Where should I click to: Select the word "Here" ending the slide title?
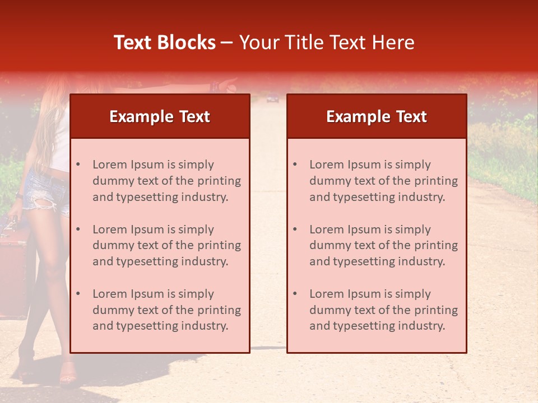click(393, 43)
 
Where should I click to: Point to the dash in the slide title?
click(227, 43)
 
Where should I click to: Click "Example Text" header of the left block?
click(160, 116)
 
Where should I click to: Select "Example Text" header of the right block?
click(377, 116)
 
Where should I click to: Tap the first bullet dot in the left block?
click(78, 165)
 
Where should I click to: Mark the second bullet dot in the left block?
click(78, 229)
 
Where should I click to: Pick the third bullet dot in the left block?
click(78, 294)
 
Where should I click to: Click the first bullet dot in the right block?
click(295, 165)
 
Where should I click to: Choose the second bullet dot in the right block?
click(295, 229)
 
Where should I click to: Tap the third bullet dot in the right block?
click(295, 294)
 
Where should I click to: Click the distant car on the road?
click(272, 99)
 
